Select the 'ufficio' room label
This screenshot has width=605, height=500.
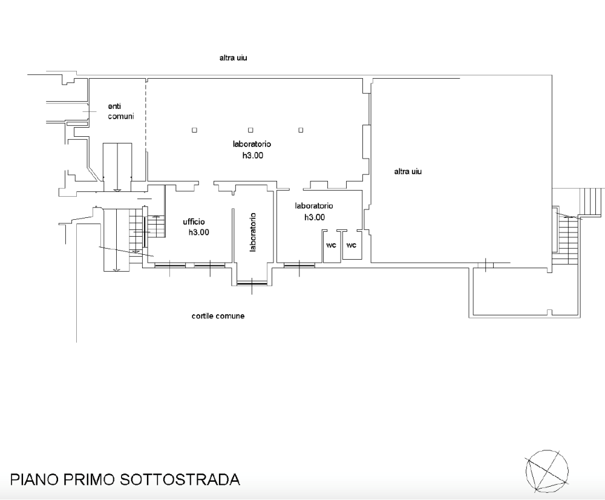point(195,222)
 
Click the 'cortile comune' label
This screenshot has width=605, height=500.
point(218,316)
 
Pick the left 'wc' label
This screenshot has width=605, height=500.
point(331,245)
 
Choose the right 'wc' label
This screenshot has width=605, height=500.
point(351,245)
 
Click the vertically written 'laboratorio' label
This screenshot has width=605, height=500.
point(253,231)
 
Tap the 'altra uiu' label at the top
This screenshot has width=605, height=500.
point(234,58)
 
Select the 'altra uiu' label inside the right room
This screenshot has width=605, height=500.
point(407,171)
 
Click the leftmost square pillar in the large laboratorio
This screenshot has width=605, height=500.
point(194,130)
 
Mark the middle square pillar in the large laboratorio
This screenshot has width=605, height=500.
point(250,130)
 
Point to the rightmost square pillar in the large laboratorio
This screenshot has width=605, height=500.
point(301,130)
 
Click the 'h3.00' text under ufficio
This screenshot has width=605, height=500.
point(199,232)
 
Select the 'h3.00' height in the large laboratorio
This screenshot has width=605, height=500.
point(252,155)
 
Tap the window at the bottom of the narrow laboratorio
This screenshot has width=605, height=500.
point(252,283)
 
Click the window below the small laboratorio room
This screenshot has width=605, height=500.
point(299,264)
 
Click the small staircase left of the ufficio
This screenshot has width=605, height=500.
point(156,226)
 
